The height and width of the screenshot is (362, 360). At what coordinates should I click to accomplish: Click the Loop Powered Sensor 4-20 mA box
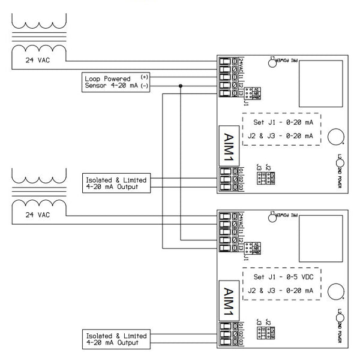click(116, 82)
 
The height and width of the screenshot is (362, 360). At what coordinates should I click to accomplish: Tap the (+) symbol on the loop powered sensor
click(144, 78)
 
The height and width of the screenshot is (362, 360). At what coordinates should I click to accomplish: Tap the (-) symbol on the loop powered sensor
click(144, 86)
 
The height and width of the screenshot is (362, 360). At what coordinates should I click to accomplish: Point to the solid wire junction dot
click(181, 86)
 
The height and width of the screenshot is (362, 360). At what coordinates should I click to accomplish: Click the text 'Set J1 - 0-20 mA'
click(280, 123)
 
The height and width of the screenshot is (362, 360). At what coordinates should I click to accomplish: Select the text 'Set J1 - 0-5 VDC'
click(280, 277)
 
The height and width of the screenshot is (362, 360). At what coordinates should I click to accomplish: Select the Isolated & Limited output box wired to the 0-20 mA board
click(116, 183)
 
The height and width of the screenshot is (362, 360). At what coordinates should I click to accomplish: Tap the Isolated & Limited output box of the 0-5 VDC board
click(116, 339)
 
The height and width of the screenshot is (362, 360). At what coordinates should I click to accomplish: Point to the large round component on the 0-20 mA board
click(335, 137)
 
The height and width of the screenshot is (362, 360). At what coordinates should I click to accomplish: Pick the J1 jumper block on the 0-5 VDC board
click(254, 247)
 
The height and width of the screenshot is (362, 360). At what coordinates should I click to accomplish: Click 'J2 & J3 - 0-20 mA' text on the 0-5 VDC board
click(280, 290)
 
